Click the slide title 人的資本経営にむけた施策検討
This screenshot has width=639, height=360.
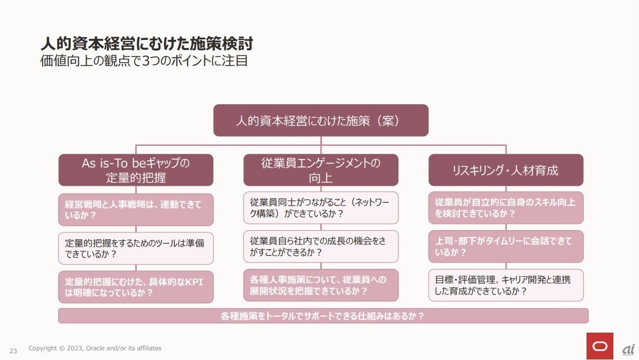point(146,43)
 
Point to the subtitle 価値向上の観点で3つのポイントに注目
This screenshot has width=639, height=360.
point(144,60)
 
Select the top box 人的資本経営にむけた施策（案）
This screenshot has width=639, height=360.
point(320,120)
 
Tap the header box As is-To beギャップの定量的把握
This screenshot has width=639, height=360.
point(136,170)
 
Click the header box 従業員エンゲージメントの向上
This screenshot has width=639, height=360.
point(320,170)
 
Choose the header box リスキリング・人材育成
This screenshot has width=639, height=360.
point(506,170)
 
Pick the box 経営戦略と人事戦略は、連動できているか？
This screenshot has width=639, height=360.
point(136,210)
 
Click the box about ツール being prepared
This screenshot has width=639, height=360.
point(136,248)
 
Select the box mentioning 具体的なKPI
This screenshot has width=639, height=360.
point(136,287)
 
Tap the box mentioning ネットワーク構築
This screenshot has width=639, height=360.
point(320,208)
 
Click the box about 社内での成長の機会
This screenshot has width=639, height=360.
point(320,247)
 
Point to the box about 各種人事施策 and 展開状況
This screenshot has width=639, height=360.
point(320,285)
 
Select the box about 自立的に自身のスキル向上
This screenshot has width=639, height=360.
point(506,208)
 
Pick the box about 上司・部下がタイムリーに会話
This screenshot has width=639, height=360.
point(506,247)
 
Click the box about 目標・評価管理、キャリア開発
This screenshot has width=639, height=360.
point(506,285)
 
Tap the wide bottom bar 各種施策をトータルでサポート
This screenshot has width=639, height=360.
point(323,316)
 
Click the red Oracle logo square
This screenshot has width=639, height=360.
point(600,346)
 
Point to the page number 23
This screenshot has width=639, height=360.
point(13,350)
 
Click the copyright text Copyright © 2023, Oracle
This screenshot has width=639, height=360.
point(95,348)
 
